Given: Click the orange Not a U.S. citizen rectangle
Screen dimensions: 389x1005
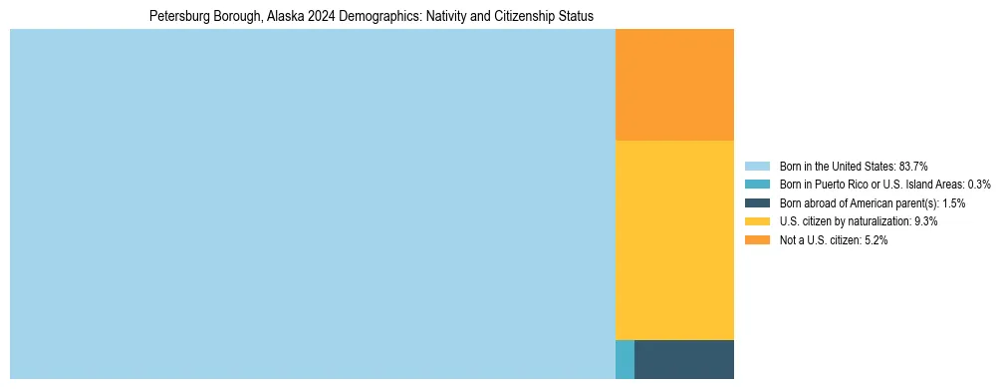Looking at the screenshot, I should [674, 85].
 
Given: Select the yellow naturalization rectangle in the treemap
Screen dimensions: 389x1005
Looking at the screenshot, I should [674, 239].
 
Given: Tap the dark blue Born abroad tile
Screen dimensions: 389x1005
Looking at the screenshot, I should [684, 359].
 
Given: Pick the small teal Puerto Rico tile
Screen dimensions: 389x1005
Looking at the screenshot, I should [625, 359].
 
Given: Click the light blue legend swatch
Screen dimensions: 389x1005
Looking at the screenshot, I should [757, 166].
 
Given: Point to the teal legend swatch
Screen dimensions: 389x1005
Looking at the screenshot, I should [757, 185].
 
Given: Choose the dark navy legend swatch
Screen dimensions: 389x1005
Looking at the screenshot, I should [757, 202].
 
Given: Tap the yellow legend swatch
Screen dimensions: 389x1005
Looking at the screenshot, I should [757, 221].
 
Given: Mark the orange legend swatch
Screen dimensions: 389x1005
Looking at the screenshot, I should [757, 240].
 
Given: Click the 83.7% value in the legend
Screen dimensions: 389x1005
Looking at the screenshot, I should [913, 166].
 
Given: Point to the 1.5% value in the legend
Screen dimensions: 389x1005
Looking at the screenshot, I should [951, 202].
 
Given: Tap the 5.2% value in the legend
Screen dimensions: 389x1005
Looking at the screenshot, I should [876, 240].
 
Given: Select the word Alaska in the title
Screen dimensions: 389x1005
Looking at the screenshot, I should [285, 17].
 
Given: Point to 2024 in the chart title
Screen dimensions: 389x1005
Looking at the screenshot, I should [324, 17].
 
